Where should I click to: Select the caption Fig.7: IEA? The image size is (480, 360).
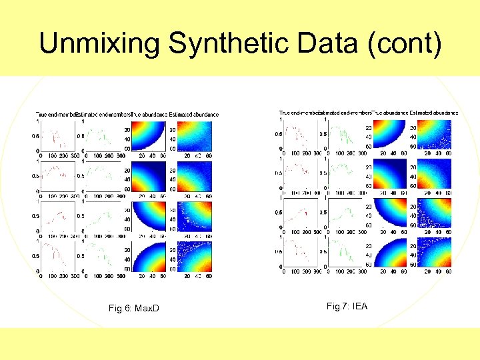click(x=347, y=306)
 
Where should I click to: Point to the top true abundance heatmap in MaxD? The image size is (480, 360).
click(x=150, y=137)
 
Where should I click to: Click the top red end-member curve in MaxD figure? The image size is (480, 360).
click(x=57, y=137)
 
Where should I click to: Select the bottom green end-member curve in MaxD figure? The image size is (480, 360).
click(x=100, y=256)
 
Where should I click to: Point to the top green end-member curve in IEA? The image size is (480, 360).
click(x=343, y=135)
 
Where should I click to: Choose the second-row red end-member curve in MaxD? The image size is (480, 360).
click(x=57, y=175)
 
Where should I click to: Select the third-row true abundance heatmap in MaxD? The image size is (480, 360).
click(x=150, y=217)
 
